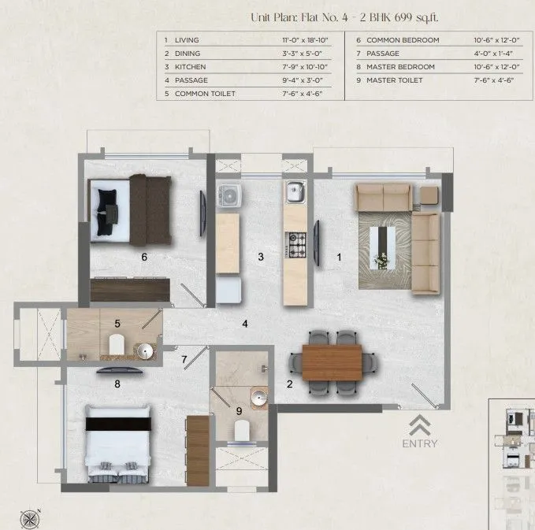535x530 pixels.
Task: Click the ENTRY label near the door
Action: point(419,443)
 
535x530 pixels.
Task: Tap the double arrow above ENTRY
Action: point(419,424)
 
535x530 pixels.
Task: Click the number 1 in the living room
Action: point(340,256)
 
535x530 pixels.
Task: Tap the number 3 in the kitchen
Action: point(260,257)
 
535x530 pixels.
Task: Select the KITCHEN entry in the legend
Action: point(190,67)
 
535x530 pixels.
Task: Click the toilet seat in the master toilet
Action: point(242,429)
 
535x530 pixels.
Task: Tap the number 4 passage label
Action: point(245,324)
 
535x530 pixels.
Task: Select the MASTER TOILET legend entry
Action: point(394,80)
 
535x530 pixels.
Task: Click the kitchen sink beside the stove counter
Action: point(294,191)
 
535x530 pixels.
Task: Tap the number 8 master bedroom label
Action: point(117,384)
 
